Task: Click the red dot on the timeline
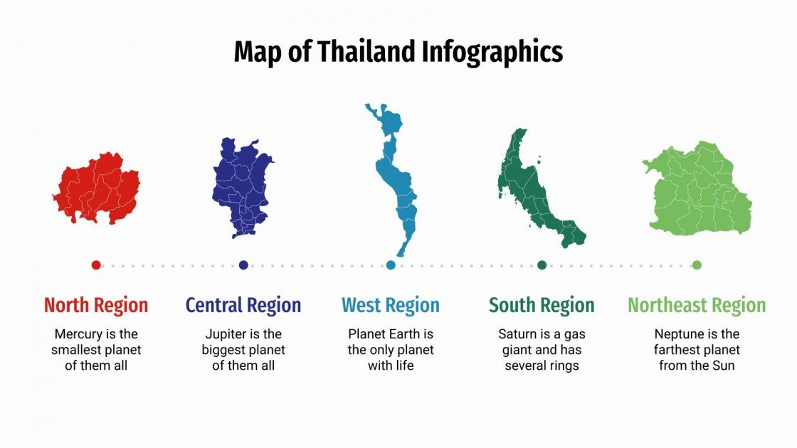click(x=96, y=265)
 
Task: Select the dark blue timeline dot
click(x=243, y=265)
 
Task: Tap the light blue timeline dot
click(x=391, y=265)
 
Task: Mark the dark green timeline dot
click(x=542, y=265)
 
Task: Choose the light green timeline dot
click(x=697, y=265)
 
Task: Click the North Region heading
click(x=96, y=306)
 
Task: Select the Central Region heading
click(x=243, y=306)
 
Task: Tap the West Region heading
click(x=391, y=306)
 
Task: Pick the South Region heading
click(x=542, y=306)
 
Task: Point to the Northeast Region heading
click(x=697, y=306)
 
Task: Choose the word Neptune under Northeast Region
click(x=677, y=334)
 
